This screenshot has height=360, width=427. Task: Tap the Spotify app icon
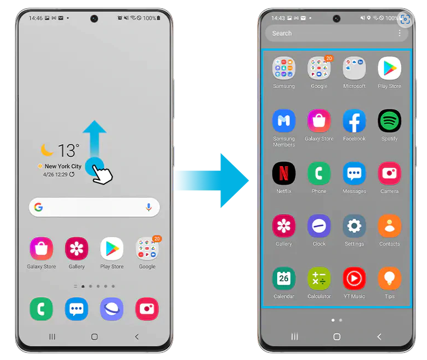point(390,121)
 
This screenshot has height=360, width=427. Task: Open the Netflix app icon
point(284,173)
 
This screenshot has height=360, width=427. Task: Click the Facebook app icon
point(354,121)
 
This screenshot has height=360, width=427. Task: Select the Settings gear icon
point(354,226)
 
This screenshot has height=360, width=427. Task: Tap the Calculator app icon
point(319,279)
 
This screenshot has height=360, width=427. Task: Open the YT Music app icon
point(354,279)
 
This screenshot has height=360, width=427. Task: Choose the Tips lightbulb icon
point(390,279)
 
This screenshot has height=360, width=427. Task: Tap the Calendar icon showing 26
point(284,279)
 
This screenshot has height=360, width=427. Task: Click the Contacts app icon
point(390,226)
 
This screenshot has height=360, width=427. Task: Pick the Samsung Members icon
point(284,121)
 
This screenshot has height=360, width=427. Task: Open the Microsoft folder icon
point(354,68)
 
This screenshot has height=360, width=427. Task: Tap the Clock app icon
point(319,226)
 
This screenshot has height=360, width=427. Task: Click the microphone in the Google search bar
point(149,207)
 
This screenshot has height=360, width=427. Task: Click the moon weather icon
point(47,149)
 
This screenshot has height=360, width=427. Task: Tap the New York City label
point(63,166)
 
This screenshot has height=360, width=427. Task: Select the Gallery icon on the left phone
point(77,249)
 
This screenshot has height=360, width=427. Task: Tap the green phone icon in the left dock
point(41,309)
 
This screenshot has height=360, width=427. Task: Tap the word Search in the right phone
point(282,34)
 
